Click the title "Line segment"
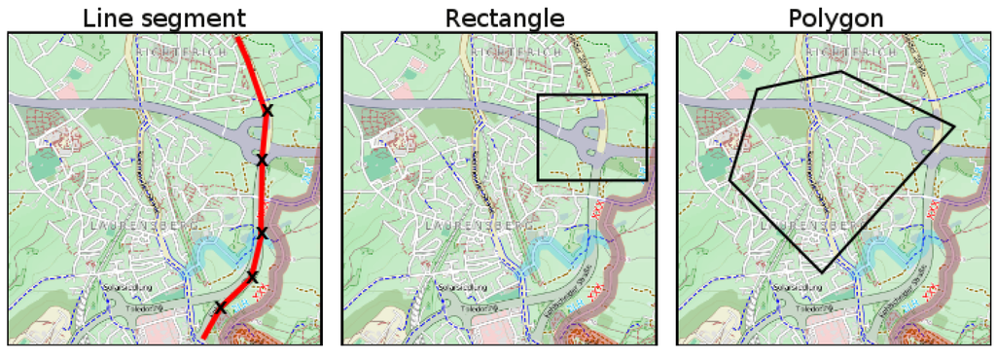point(164,18)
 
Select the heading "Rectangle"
point(504,18)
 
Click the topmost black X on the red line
point(267,112)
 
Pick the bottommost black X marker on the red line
point(220,308)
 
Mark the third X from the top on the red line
point(261,232)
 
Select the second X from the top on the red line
point(262,160)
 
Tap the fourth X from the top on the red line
point(252,277)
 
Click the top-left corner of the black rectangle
point(538,95)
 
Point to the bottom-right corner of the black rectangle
point(646,180)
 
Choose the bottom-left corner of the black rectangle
point(538,180)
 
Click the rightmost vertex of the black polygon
point(954,124)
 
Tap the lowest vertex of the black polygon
point(822,272)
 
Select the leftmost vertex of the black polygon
point(729,180)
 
